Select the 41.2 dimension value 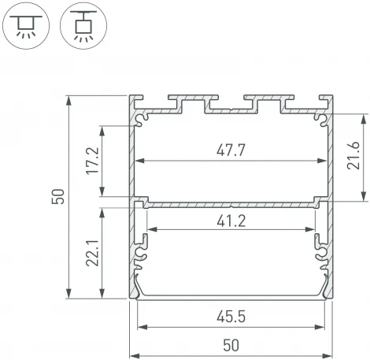point(231,221)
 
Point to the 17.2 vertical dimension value point(93,161)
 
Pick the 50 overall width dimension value point(231,343)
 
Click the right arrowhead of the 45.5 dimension point(324,326)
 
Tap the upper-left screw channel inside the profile point(142,119)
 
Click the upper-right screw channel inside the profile point(320,119)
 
